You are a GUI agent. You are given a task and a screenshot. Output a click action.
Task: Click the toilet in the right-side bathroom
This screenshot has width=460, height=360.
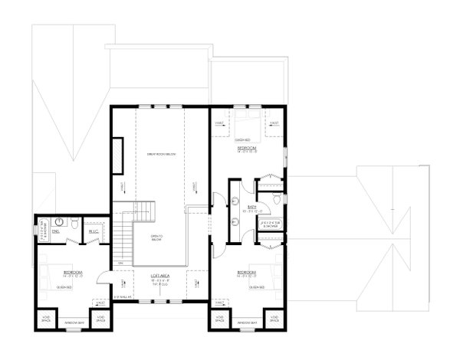pyautogui.click(x=274, y=202)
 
